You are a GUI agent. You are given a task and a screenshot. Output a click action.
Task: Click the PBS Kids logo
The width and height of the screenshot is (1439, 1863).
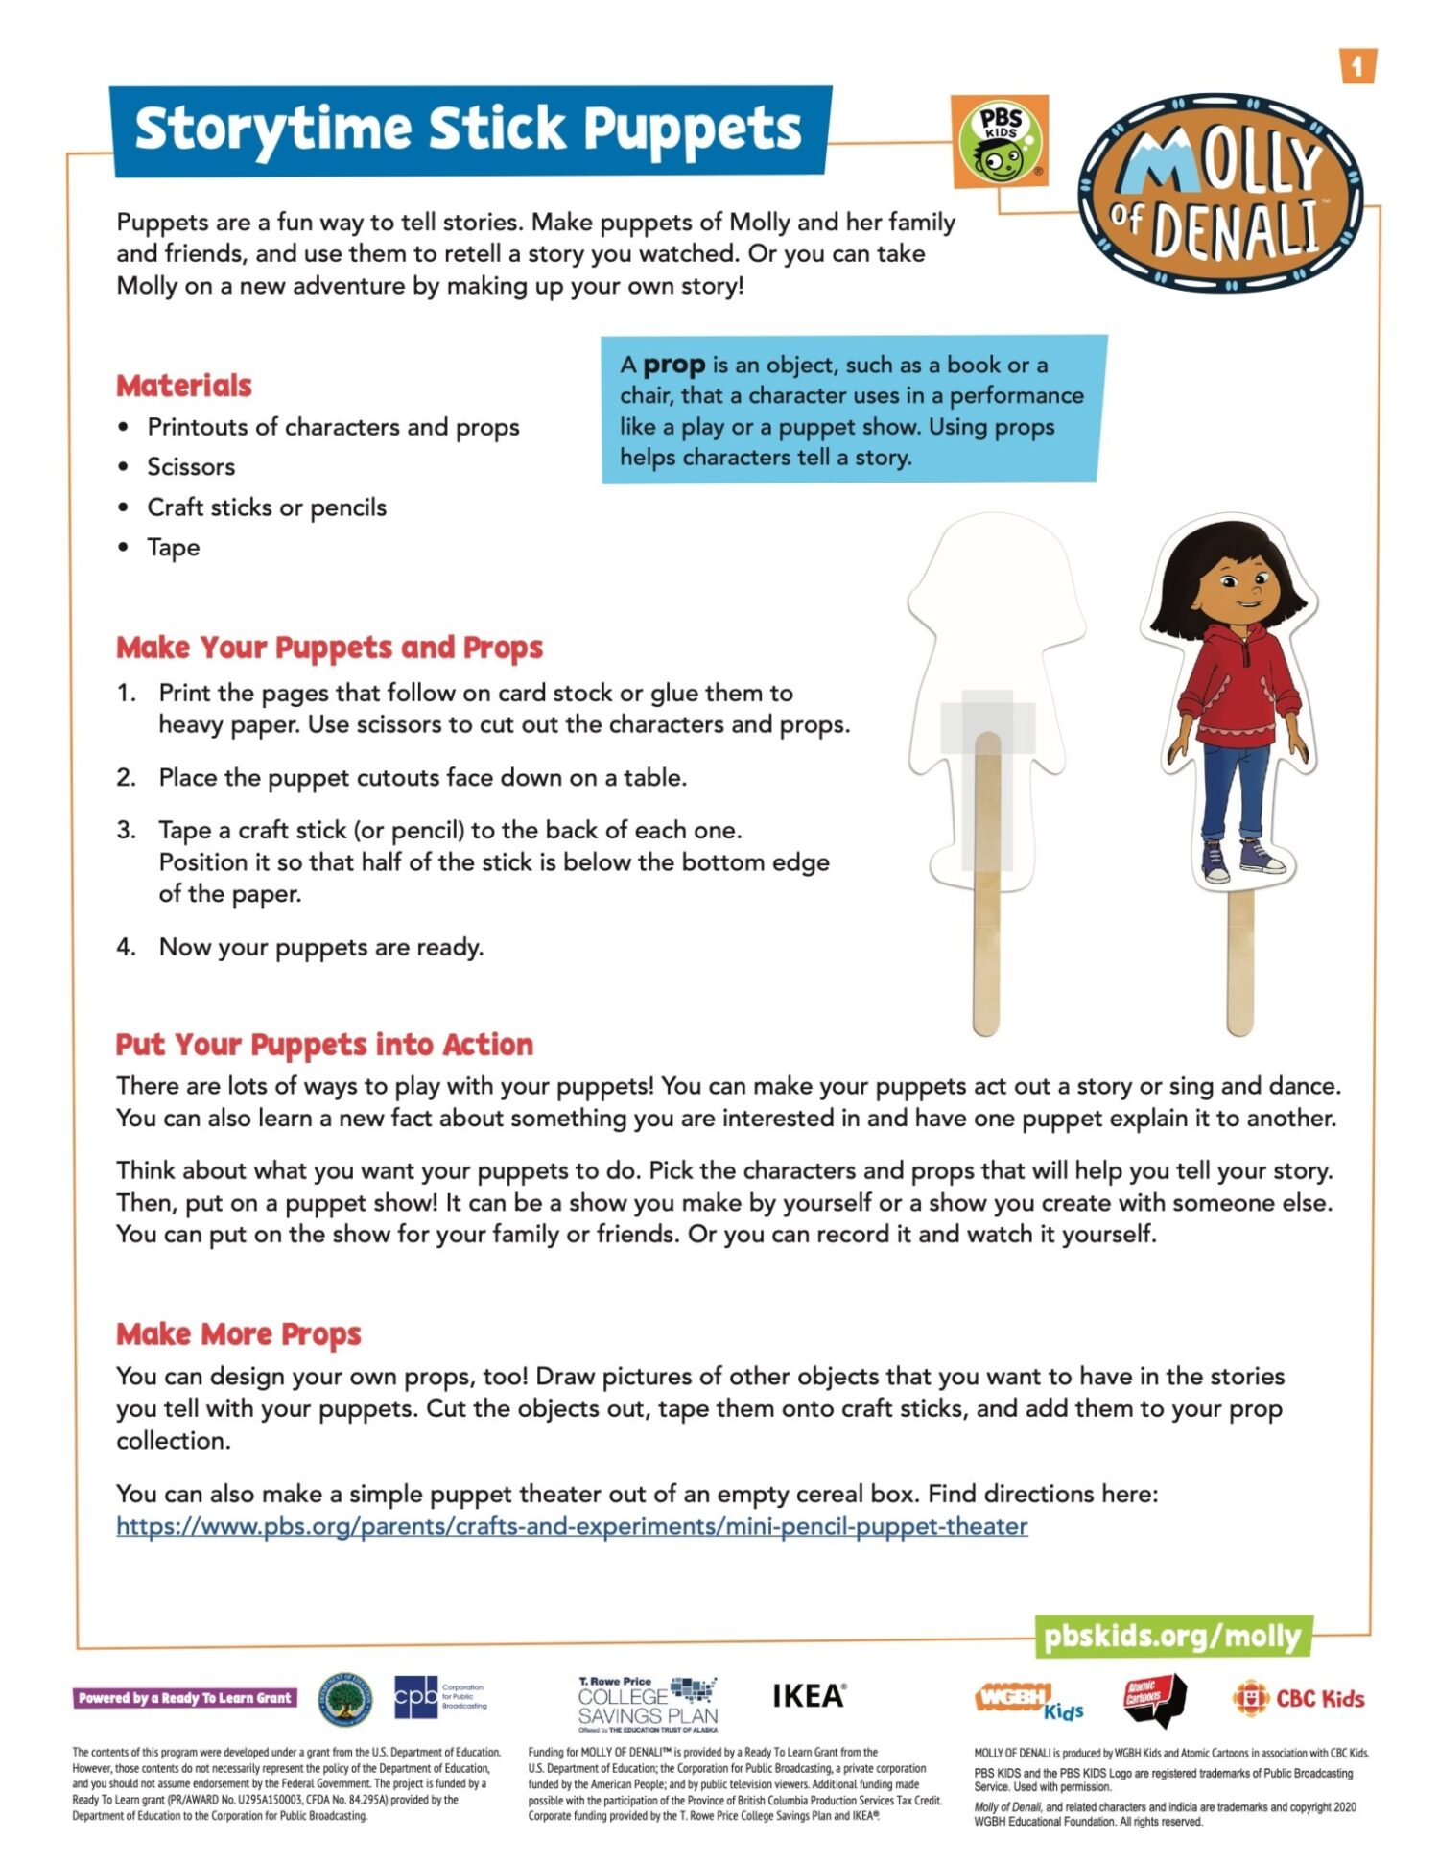click(x=1000, y=141)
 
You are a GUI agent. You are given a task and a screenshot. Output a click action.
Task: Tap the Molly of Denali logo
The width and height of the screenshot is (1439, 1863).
click(x=1220, y=193)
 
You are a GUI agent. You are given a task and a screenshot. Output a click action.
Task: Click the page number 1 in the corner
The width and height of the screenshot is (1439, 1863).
click(x=1356, y=66)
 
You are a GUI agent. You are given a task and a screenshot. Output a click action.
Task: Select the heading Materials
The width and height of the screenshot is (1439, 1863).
click(x=184, y=386)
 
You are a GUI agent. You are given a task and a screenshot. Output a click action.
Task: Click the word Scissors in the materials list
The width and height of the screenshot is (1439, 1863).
click(x=191, y=467)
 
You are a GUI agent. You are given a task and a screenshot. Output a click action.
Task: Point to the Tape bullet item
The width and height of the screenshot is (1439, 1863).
click(x=173, y=548)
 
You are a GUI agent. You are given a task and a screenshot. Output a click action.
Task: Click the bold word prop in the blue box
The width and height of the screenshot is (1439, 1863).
click(x=673, y=365)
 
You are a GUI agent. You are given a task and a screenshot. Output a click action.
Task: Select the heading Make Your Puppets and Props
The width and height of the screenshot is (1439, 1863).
click(x=329, y=648)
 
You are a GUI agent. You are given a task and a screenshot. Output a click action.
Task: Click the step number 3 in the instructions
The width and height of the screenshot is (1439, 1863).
click(x=126, y=830)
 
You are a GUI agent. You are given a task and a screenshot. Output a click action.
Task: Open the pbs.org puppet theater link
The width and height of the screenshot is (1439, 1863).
click(x=572, y=1526)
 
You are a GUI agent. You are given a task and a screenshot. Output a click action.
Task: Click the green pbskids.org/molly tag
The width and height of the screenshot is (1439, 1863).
click(x=1172, y=1636)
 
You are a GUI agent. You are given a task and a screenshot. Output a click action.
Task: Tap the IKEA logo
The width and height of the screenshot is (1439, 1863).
click(x=809, y=1696)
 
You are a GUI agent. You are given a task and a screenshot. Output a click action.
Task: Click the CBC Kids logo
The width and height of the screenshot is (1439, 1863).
click(x=1299, y=1699)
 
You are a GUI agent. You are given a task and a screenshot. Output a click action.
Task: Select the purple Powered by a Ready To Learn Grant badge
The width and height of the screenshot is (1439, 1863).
click(x=185, y=1698)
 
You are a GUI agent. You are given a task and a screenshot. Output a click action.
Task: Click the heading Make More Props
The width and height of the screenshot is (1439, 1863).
click(x=239, y=1334)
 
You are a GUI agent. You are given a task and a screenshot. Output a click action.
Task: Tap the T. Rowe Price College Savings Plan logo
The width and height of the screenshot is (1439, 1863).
click(x=648, y=1704)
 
